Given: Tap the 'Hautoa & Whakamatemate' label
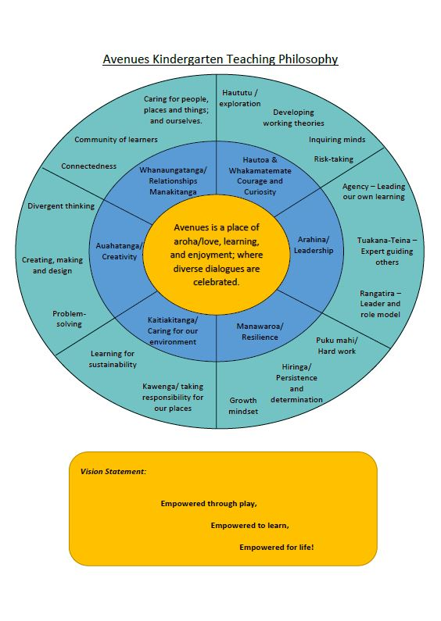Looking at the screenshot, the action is [x=260, y=165].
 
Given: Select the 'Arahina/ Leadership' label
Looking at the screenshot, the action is [x=314, y=244].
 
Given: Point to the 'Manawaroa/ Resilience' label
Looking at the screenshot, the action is [x=260, y=331].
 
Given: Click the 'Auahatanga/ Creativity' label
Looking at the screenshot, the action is [x=119, y=251].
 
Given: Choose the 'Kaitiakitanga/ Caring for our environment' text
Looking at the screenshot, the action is [x=173, y=330].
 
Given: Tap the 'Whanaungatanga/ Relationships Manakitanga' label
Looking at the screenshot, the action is [x=173, y=181].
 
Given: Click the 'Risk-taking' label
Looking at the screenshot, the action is [x=334, y=159].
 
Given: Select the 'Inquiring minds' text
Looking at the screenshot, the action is [x=337, y=139].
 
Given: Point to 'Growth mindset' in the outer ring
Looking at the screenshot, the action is [x=243, y=405].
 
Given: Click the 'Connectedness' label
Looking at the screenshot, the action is [x=89, y=166].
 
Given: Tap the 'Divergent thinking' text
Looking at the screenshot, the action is [x=61, y=206].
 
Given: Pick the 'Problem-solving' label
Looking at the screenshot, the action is [x=69, y=319].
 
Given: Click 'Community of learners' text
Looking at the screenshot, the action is [x=116, y=139].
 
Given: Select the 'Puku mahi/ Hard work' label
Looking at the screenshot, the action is [x=337, y=345].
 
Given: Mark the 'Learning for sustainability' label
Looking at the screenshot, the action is [x=113, y=359].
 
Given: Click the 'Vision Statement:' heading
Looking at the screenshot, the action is [x=113, y=471].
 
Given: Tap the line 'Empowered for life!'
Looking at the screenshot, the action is [x=277, y=547].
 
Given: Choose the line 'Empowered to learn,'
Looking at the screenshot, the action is [x=250, y=525].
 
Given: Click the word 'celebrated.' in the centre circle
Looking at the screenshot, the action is [x=216, y=282].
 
